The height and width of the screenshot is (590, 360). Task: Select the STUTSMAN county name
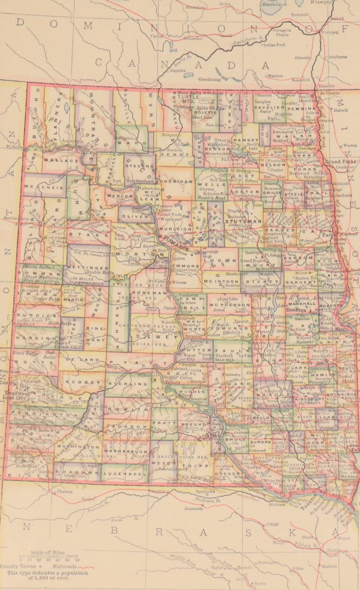(243, 221)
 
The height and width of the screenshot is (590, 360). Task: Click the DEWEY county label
(152, 337)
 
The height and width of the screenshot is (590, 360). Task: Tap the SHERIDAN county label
(176, 182)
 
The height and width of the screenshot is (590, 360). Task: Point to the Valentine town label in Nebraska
(157, 491)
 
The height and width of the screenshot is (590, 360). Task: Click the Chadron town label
(65, 491)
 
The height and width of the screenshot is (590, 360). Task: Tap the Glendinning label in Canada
(210, 79)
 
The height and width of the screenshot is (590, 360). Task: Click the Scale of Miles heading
(48, 553)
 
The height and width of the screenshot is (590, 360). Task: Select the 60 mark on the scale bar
(77, 560)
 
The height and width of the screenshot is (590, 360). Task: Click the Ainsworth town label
(193, 508)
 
